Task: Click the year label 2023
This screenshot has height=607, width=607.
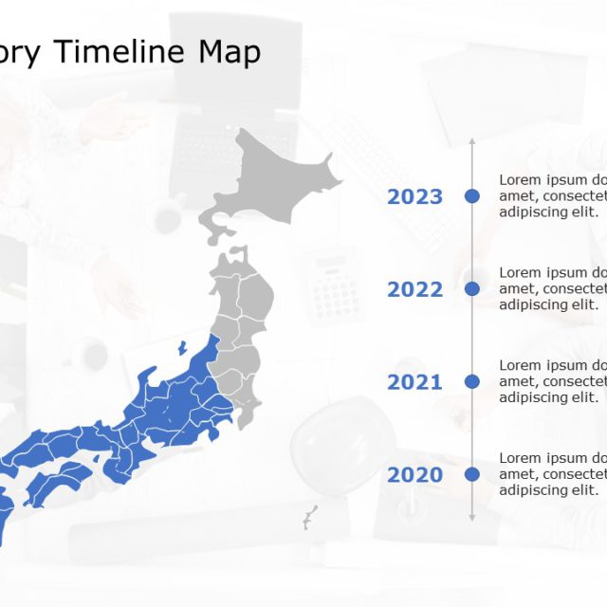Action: (x=414, y=196)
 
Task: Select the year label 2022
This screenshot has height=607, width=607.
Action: (x=414, y=289)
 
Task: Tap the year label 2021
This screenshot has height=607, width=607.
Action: (x=414, y=382)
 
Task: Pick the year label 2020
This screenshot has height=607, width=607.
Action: (x=414, y=475)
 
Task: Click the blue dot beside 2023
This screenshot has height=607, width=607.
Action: (x=472, y=196)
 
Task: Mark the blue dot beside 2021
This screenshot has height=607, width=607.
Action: (x=472, y=381)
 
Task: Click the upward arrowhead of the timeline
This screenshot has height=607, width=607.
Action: (x=472, y=141)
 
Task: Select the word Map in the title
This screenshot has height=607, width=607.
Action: (x=229, y=52)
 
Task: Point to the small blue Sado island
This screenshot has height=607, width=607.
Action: (x=181, y=348)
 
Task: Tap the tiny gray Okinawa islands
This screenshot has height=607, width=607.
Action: (x=309, y=518)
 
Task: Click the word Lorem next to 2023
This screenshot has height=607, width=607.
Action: (x=521, y=180)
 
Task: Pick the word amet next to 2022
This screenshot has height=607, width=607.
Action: (x=516, y=288)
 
